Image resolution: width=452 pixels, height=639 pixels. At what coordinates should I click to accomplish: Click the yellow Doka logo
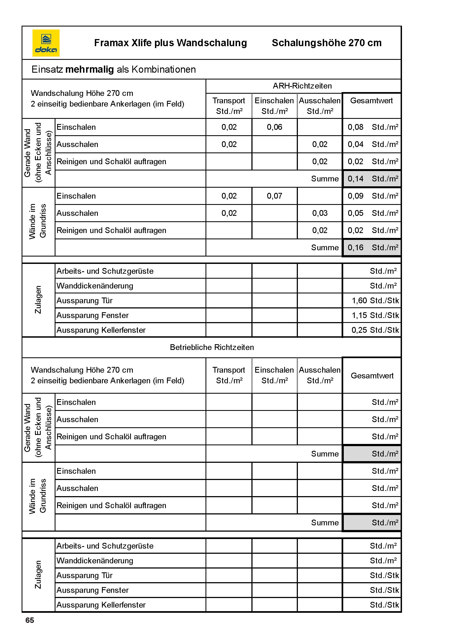click(x=46, y=43)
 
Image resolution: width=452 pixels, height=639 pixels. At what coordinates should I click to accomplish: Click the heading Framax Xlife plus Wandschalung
click(x=170, y=43)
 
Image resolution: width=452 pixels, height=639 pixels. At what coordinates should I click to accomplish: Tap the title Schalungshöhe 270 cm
click(x=327, y=43)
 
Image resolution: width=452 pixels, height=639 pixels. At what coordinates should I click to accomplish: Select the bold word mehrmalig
click(x=89, y=69)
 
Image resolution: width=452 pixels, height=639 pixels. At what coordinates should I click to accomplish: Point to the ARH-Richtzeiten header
click(x=302, y=86)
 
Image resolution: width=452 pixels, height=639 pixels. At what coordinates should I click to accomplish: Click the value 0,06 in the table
click(x=274, y=127)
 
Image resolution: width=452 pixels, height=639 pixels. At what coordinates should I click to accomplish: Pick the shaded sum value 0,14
click(x=356, y=179)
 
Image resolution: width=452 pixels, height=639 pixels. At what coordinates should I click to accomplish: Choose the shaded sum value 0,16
click(x=356, y=248)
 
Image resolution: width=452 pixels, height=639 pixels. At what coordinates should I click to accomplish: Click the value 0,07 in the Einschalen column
click(x=274, y=196)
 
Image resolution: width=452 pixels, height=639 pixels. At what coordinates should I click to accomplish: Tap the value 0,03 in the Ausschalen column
click(x=319, y=213)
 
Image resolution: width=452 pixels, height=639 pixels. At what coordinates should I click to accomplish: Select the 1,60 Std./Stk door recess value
click(x=375, y=301)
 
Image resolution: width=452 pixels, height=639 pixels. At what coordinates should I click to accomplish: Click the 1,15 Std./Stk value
click(x=375, y=315)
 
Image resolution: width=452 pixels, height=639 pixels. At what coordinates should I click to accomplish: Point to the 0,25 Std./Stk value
click(x=375, y=330)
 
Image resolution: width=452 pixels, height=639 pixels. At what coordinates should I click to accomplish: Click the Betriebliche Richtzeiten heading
click(x=212, y=347)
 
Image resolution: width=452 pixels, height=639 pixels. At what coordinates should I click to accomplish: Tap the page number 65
click(x=30, y=620)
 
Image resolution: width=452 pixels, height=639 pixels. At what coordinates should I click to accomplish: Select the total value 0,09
click(x=356, y=196)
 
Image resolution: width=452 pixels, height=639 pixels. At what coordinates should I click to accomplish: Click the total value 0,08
click(x=356, y=127)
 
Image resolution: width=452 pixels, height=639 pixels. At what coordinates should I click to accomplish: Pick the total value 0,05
click(x=356, y=213)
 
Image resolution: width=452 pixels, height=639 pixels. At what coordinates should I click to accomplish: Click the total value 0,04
click(x=356, y=145)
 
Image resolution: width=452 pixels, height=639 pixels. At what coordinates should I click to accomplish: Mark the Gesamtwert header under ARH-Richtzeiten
click(x=371, y=101)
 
